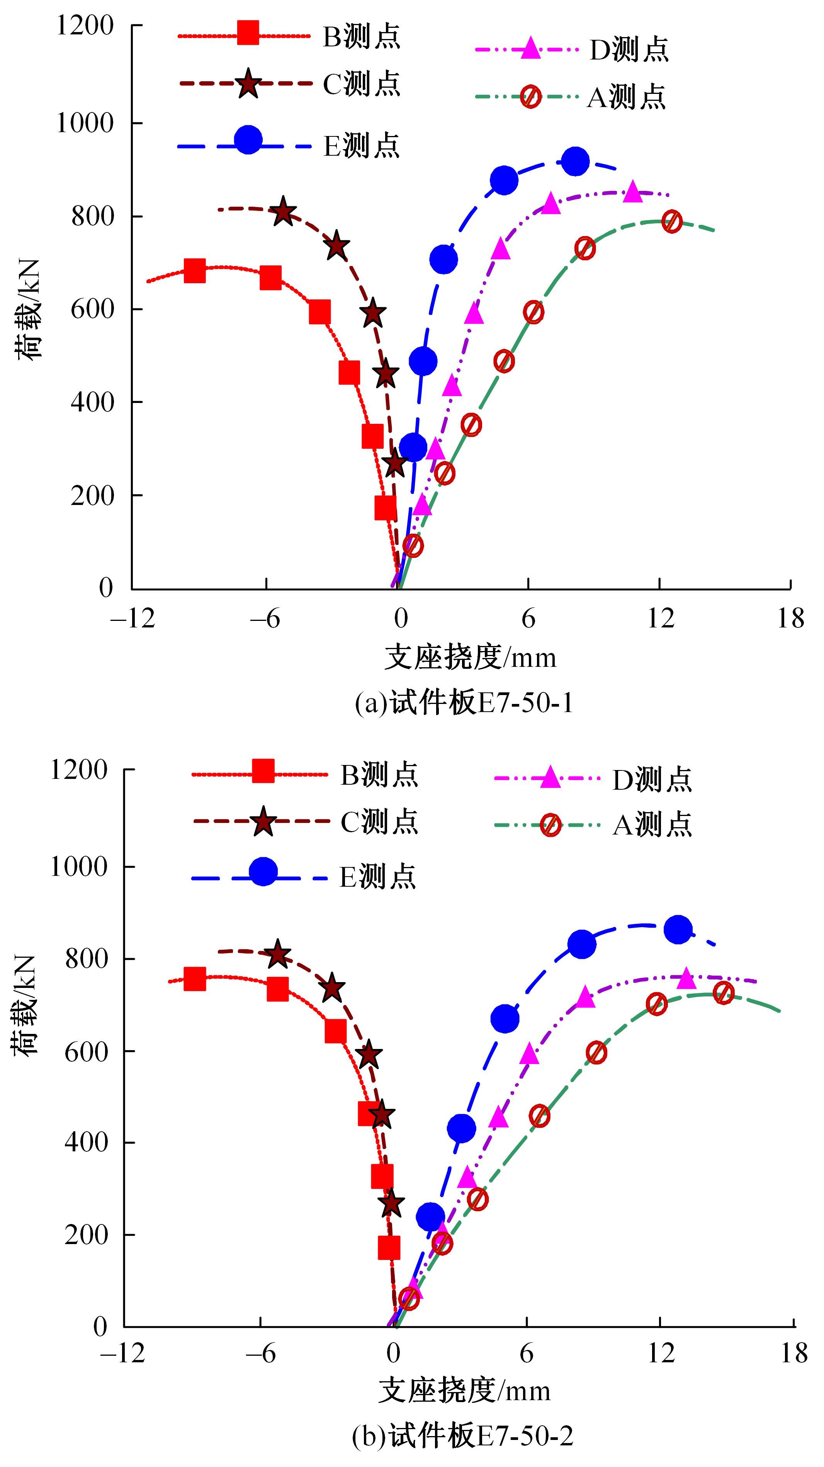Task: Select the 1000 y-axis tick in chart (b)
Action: tap(79, 867)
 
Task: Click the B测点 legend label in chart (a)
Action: tap(362, 36)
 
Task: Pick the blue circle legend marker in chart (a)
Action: tap(248, 140)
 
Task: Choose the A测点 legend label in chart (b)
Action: tap(652, 824)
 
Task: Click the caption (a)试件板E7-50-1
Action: tap(464, 704)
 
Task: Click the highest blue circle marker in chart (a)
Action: tap(575, 162)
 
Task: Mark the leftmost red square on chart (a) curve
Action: tap(195, 271)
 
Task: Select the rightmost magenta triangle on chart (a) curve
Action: tap(633, 192)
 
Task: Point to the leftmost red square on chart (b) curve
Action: tap(195, 979)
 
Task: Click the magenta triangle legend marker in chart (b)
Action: tap(549, 778)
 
